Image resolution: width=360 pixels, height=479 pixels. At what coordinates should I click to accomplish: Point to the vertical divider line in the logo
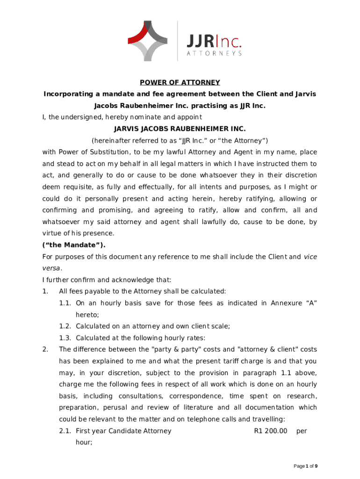click(x=178, y=41)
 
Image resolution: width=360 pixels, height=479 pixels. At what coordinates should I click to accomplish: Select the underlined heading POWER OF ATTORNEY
click(x=180, y=83)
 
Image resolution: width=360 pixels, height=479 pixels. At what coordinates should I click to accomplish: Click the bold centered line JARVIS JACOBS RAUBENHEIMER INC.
click(x=180, y=129)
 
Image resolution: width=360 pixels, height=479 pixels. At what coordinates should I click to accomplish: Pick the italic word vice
click(x=310, y=256)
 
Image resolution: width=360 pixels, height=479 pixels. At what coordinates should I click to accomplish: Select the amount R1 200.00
click(x=270, y=431)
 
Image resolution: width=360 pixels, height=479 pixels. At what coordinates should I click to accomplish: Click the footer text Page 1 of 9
click(x=306, y=466)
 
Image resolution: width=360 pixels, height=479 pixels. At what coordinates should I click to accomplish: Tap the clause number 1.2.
click(x=65, y=327)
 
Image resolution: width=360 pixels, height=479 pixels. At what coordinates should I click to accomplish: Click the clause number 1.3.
click(x=65, y=338)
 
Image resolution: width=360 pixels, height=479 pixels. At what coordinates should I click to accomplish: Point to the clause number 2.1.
click(x=65, y=431)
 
